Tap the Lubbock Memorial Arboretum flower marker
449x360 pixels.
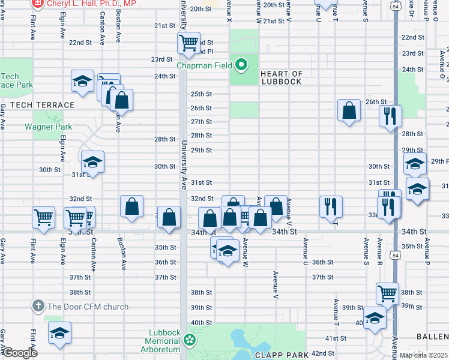tap(190, 341)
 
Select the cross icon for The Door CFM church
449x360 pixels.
tap(38, 306)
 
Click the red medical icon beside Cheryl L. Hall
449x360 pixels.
tap(38, 3)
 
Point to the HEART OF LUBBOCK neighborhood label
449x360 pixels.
tap(281, 77)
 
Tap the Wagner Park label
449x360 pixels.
tap(48, 127)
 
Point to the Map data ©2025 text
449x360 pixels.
tap(423, 355)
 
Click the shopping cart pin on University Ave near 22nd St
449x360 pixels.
tap(188, 43)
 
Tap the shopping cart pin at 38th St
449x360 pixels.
tap(388, 293)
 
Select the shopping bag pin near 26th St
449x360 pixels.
tap(349, 110)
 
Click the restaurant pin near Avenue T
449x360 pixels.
tap(331, 206)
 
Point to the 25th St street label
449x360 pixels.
tap(201, 94)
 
